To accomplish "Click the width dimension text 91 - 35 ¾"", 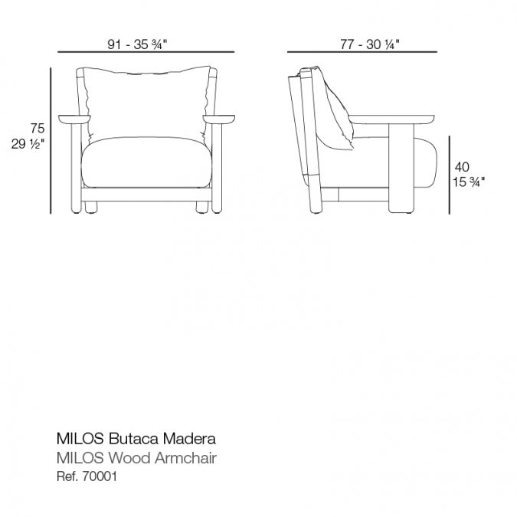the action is pos(138,44).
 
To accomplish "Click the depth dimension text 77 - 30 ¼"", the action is pos(370,44).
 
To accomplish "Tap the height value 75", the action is pos(38,128).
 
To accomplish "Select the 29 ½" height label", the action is pos(28,144).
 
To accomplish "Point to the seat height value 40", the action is pos(462,167).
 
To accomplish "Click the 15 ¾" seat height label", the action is pos(469,182).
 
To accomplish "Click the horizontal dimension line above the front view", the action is pos(146,52).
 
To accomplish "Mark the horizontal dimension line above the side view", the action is pos(362,52).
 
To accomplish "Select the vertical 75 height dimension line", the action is pos(51,141).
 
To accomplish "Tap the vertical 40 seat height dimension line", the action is pos(449,175).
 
